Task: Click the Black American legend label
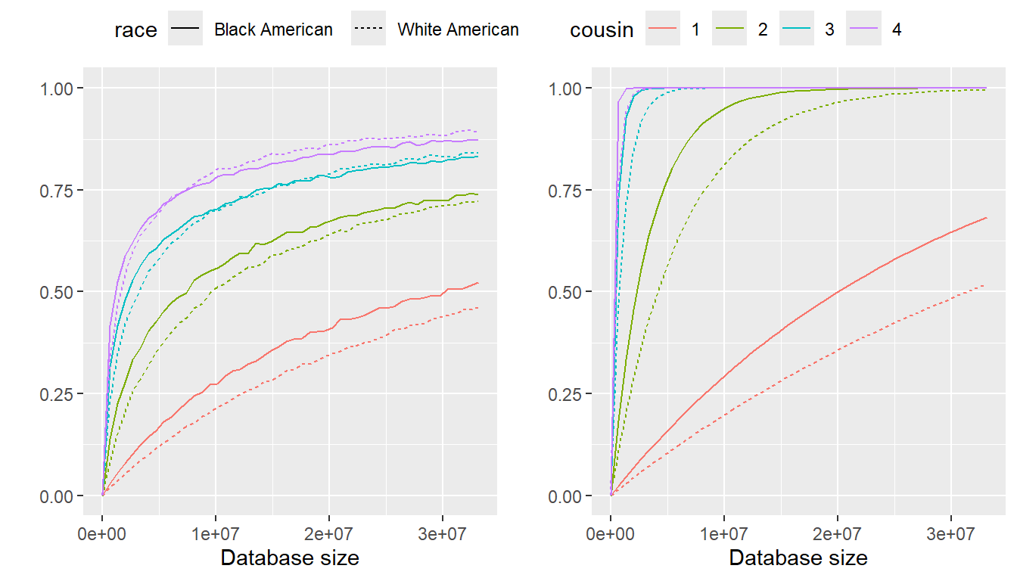point(273,30)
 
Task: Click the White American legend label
point(458,30)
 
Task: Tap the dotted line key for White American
point(369,30)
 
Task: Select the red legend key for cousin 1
point(663,30)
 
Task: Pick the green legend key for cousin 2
point(729,30)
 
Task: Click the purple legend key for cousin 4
point(863,30)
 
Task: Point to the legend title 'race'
point(135,30)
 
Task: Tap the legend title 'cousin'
point(602,30)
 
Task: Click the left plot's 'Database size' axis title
point(289,558)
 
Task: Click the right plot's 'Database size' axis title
point(798,558)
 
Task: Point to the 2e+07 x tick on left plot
point(329,533)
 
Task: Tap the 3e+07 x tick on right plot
point(951,533)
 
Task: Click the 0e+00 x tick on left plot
point(102,533)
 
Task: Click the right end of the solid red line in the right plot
point(987,218)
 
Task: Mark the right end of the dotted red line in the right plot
point(985,284)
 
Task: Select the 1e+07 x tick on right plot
point(724,533)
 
